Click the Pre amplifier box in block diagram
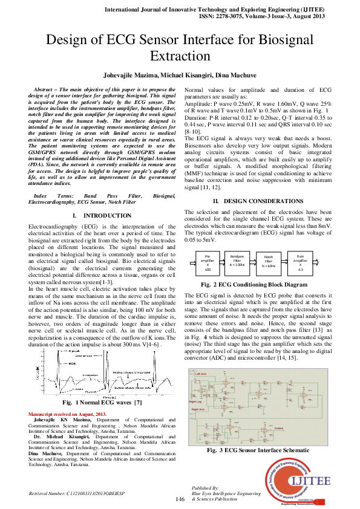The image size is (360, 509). click(208, 264)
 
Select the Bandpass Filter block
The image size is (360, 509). click(237, 264)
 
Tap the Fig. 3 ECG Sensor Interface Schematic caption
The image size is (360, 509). click(263, 450)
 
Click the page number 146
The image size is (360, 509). click(180, 498)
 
